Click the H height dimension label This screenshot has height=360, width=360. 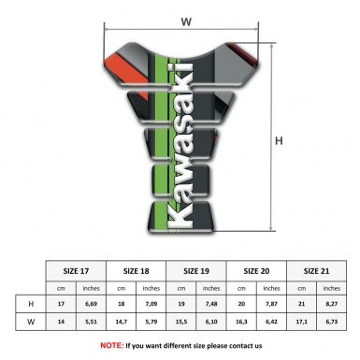pos(279,141)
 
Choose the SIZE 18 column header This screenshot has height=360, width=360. pos(138,269)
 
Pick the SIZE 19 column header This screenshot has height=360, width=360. pos(198,269)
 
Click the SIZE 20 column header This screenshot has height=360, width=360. pos(258,269)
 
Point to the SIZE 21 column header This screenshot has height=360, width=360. pos(317,269)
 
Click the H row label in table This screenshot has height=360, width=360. pos(32,304)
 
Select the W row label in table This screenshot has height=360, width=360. pos(32,324)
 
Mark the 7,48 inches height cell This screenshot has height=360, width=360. pos(213,304)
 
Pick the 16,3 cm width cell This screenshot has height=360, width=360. pos(243,324)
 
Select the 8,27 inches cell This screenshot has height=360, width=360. pos(332,304)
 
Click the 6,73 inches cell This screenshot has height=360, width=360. pos(332,324)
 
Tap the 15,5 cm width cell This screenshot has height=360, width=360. pos(183,324)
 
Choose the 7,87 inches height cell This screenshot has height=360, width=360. pos(273,304)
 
